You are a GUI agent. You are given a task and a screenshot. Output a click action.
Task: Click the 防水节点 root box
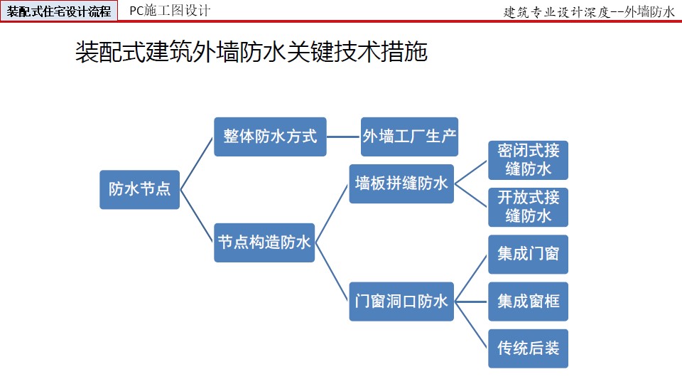coord(140,189)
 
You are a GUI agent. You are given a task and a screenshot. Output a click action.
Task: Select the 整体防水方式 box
coord(270,137)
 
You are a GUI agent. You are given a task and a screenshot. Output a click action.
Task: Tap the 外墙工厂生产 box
coord(409,137)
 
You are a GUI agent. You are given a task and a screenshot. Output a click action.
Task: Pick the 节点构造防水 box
coord(264,242)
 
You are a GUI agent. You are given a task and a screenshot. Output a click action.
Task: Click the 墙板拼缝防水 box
coord(401,183)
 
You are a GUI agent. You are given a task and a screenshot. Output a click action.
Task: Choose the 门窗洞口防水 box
coord(401,302)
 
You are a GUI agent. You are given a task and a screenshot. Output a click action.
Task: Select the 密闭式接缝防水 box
coord(528,160)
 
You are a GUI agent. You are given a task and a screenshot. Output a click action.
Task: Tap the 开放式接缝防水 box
coord(528,207)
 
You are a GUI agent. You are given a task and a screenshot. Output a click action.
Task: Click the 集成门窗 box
coord(528,255)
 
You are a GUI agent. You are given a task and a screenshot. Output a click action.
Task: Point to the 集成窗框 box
coord(528,302)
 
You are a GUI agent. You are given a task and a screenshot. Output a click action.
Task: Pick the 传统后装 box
coord(528,348)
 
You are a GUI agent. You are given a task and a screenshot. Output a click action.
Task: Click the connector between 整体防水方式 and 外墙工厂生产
coord(344,137)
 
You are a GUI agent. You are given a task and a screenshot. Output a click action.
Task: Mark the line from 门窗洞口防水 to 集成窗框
coord(470,302)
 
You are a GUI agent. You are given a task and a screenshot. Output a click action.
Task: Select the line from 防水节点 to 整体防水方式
coord(197,164)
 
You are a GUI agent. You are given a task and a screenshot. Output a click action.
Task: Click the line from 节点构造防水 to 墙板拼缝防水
coord(332,213)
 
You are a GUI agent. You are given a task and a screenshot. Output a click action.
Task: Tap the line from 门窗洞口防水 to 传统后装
coord(470,325)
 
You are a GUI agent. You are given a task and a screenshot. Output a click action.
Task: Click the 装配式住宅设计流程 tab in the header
coord(59,11)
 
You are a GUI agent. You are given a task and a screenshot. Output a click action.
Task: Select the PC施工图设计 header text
coord(170,11)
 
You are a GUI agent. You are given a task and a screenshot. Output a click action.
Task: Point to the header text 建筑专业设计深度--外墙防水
coord(589,12)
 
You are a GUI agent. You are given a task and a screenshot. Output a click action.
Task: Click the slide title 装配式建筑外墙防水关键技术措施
coord(251,52)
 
